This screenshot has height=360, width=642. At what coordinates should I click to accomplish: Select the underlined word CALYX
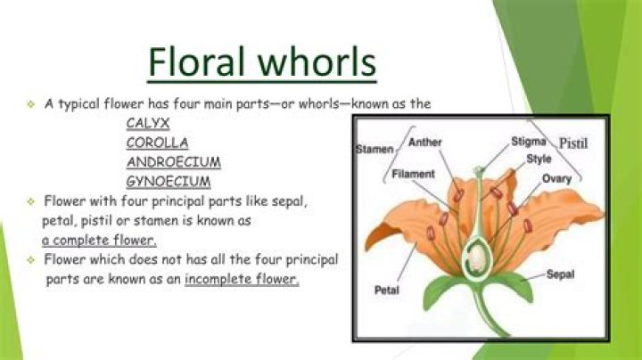pyautogui.click(x=148, y=123)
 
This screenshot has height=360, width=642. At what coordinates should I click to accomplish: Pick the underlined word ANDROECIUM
pyautogui.click(x=174, y=162)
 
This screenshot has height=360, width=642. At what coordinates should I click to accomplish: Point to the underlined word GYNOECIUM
pyautogui.click(x=169, y=182)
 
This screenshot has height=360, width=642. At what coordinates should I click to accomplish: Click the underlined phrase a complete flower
pyautogui.click(x=98, y=241)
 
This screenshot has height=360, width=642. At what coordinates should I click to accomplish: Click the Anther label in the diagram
pyautogui.click(x=424, y=142)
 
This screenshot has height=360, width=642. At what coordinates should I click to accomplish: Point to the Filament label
pyautogui.click(x=413, y=174)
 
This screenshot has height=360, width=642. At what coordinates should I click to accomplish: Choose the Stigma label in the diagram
pyautogui.click(x=530, y=141)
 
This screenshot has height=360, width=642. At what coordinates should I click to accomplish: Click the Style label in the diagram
pyautogui.click(x=539, y=159)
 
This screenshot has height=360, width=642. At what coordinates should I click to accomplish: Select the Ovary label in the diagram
pyautogui.click(x=557, y=179)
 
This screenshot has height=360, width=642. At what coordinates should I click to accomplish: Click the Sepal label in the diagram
pyautogui.click(x=561, y=274)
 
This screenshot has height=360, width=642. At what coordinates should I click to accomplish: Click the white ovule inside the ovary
pyautogui.click(x=479, y=258)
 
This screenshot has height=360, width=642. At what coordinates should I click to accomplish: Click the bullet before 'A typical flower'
pyautogui.click(x=30, y=104)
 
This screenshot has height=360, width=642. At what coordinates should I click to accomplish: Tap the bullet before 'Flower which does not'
pyautogui.click(x=30, y=260)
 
